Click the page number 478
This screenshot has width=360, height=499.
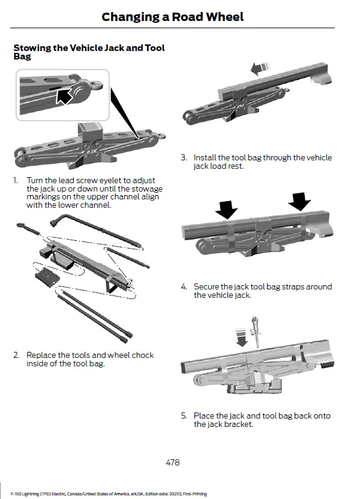tap(172, 462)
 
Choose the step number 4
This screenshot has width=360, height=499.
tap(184, 287)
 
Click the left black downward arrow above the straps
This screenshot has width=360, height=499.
tap(226, 209)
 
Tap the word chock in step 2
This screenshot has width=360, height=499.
tap(143, 355)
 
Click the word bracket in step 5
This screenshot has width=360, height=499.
tap(238, 424)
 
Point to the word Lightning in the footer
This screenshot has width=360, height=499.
tap(29, 494)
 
